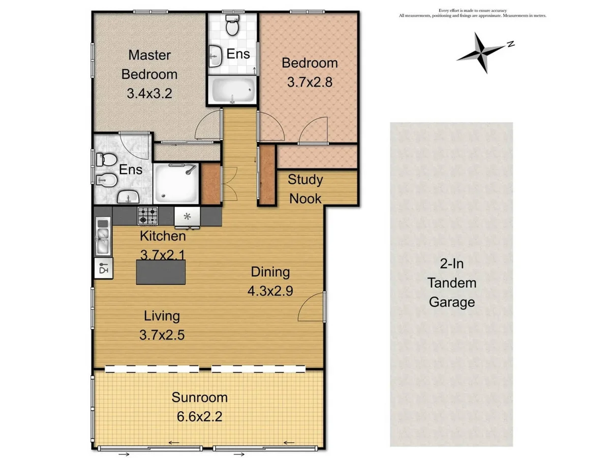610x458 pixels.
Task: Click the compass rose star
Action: pos(479,52)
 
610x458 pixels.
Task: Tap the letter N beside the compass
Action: pos(510,44)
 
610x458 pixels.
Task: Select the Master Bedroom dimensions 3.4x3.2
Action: pos(149,94)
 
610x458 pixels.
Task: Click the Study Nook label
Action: pos(306,189)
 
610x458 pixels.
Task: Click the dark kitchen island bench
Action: pos(161,272)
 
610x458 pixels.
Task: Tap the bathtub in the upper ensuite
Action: pos(232,91)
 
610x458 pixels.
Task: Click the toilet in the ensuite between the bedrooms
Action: pos(232,25)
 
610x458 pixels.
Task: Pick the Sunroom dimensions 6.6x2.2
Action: pos(199,417)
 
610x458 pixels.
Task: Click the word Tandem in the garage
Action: pos(452,282)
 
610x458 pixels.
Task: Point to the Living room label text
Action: pos(162,316)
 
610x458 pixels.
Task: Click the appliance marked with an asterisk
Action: pos(187,216)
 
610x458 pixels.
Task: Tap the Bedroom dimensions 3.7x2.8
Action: pos(310,81)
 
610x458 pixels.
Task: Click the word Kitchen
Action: pos(163,236)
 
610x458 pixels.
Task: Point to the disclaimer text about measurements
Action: pos(472,13)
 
